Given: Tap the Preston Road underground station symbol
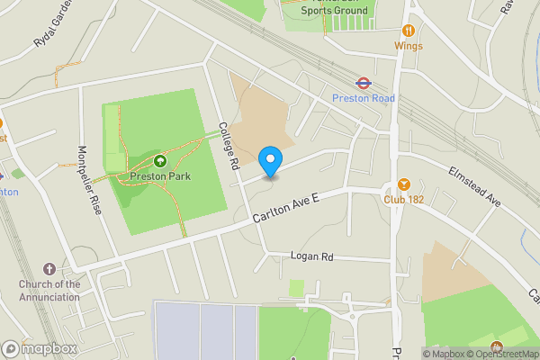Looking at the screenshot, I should [x=364, y=83].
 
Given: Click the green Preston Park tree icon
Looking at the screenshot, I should [x=159, y=161].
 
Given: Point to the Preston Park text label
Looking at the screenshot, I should [x=159, y=176].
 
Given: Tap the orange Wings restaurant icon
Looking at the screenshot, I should [x=408, y=30].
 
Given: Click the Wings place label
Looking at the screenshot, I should [x=408, y=45].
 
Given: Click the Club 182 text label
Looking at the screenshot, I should [x=403, y=199].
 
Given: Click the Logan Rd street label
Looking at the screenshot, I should [x=311, y=256].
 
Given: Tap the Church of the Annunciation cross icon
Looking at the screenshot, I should [x=49, y=269].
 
